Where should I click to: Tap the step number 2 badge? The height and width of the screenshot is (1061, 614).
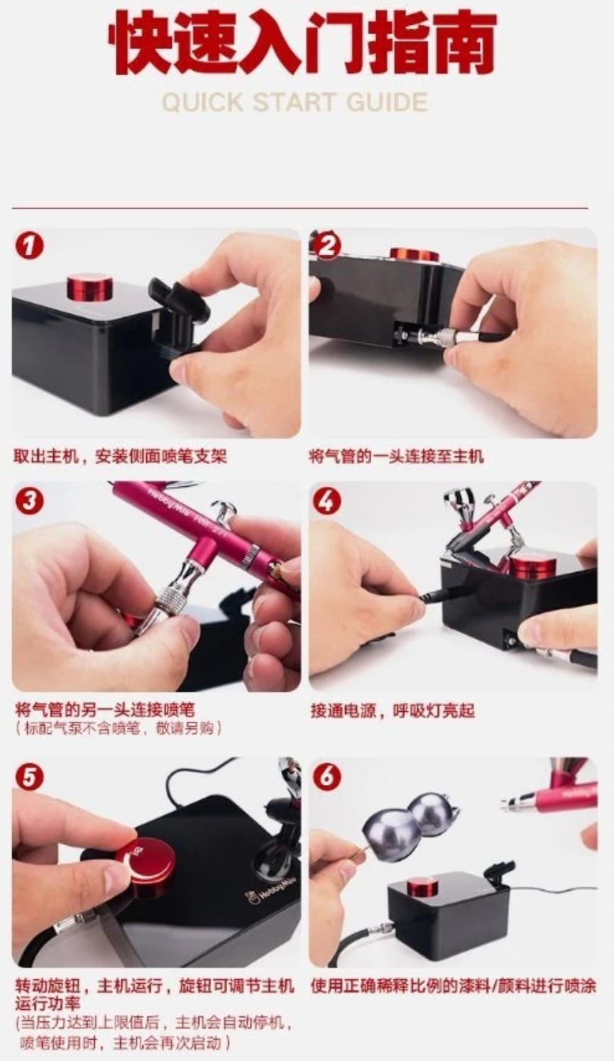click(327, 246)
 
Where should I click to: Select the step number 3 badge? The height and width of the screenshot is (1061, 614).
click(29, 501)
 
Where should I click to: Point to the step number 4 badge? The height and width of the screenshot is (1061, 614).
click(327, 501)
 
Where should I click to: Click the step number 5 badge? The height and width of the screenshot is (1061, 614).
click(29, 778)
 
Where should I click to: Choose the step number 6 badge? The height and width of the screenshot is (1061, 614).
click(327, 778)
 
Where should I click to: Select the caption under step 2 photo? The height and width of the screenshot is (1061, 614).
click(395, 456)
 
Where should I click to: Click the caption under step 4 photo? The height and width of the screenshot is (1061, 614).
click(393, 710)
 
